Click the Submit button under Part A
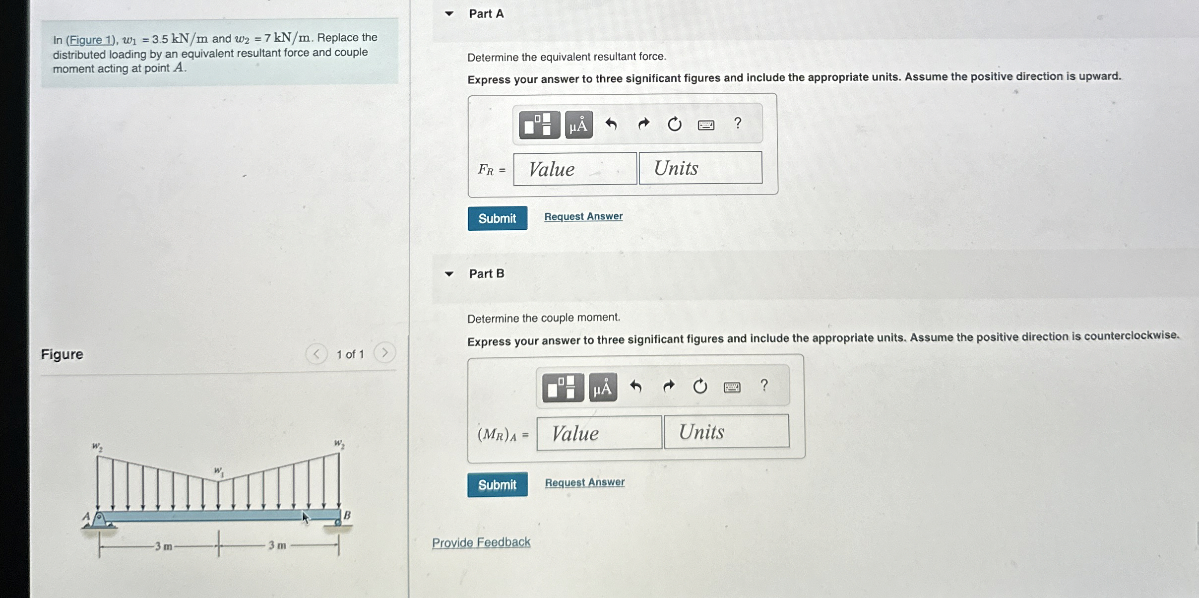click(497, 218)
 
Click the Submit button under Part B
click(497, 484)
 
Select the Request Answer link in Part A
click(583, 216)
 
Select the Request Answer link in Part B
click(585, 482)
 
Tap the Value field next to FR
click(575, 169)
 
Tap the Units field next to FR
click(700, 168)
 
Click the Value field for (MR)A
click(599, 433)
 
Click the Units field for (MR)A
click(727, 431)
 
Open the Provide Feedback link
click(481, 542)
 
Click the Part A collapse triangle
click(449, 14)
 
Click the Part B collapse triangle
click(449, 273)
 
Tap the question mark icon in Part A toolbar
click(738, 123)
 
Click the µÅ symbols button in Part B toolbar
click(603, 387)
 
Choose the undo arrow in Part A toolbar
click(611, 124)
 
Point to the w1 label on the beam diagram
click(219, 471)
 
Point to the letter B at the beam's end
click(347, 515)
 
